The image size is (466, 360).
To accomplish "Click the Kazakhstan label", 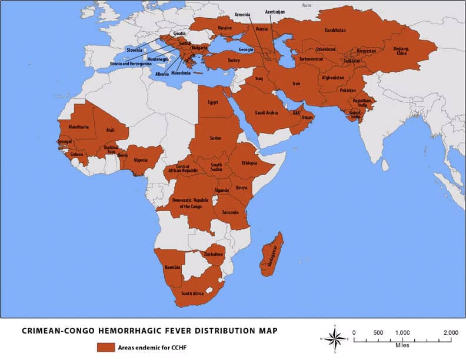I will click(x=335, y=30).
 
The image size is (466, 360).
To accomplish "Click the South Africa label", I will click(x=192, y=294).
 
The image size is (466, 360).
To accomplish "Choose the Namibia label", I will click(x=172, y=267).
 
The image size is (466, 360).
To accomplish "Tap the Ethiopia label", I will click(x=249, y=163).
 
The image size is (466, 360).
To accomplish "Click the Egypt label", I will click(x=212, y=102).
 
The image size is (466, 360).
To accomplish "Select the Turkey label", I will click(x=234, y=60).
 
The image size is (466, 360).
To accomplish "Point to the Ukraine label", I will click(x=225, y=28).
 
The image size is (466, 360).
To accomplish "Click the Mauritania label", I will click(x=78, y=126).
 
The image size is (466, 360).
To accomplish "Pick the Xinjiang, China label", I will click(x=395, y=51).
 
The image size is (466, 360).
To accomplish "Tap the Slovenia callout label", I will click(x=135, y=50).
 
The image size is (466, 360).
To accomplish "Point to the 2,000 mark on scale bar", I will click(x=450, y=333).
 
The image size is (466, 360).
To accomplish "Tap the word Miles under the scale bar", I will click(x=402, y=345).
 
